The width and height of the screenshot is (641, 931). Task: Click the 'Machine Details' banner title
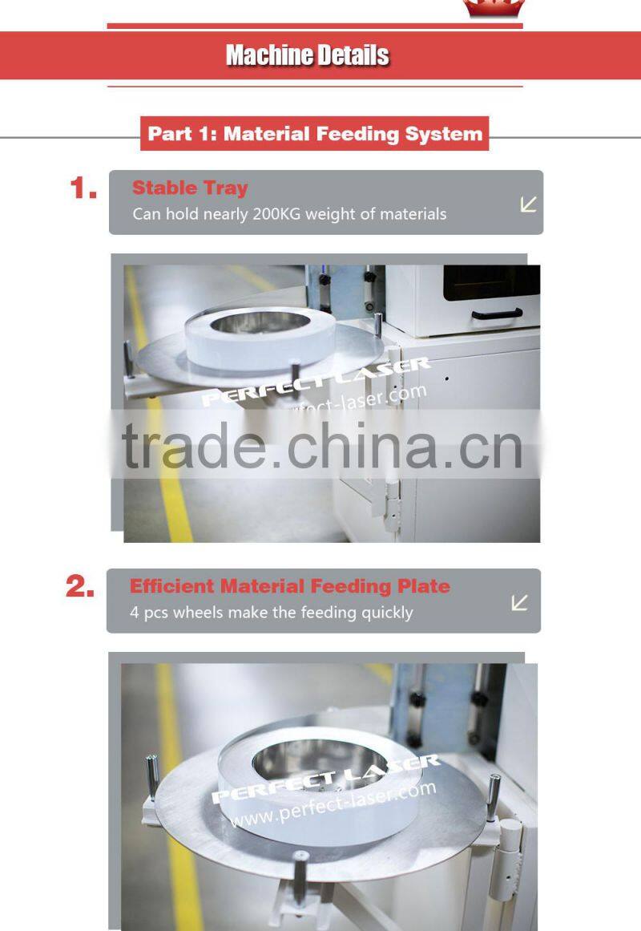click(308, 55)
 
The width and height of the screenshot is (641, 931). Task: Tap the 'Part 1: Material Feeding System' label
click(315, 133)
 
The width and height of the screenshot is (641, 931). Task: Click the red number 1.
click(83, 189)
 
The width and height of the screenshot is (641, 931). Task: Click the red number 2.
click(80, 588)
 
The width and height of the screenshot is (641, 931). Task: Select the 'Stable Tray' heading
click(190, 188)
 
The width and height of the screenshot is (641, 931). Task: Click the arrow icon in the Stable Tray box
click(528, 204)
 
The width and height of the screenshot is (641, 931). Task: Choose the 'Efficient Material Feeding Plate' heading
click(289, 586)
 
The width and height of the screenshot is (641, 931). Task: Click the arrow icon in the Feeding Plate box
click(520, 602)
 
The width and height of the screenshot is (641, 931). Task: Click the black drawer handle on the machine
click(497, 314)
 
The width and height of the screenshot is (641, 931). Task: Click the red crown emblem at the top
click(494, 8)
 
